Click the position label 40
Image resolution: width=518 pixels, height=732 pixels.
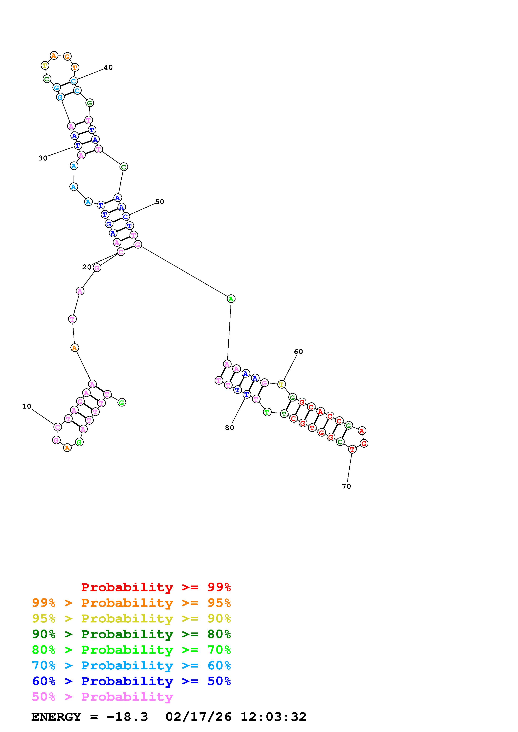108,67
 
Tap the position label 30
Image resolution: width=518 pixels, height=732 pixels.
43,158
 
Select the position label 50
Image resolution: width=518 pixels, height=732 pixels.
160,202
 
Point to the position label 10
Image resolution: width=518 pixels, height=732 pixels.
27,406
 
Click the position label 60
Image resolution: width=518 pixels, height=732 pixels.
298,351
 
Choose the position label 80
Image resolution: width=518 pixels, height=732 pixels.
229,428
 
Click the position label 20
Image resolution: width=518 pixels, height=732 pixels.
87,267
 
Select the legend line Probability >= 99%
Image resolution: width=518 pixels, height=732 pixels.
156,587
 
